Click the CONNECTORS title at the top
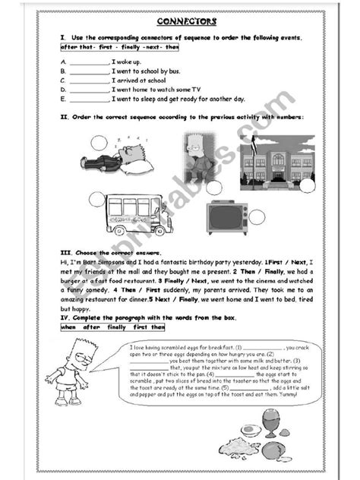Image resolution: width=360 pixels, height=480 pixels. (180, 22)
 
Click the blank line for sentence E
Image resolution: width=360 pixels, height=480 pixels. (90, 99)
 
